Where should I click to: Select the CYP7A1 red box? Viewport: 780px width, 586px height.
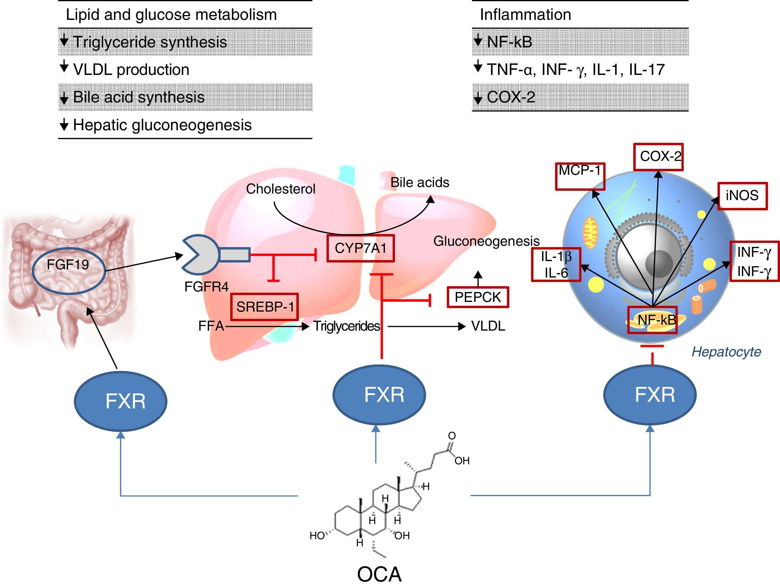tap(360, 249)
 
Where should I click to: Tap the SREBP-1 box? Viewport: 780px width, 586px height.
tap(264, 307)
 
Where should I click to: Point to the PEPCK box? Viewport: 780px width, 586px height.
tap(478, 297)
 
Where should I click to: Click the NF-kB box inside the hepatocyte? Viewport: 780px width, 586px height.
tap(653, 320)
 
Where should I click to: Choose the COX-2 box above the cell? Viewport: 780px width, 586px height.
tap(658, 157)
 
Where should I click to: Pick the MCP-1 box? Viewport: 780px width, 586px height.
tap(580, 176)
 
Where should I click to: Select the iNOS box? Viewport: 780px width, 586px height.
tap(742, 196)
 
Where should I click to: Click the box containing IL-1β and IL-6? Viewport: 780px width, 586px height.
tap(556, 264)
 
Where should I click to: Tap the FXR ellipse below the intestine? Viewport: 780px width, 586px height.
tap(120, 401)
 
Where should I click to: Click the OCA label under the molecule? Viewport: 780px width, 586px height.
tap(379, 574)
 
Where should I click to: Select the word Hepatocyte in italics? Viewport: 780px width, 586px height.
tap(726, 352)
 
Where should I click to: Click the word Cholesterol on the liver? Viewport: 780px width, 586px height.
tap(280, 189)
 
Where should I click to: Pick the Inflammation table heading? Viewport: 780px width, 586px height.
tap(525, 15)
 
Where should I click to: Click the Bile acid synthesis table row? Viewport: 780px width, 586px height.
tap(138, 97)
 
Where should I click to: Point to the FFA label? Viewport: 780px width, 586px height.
tap(211, 326)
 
